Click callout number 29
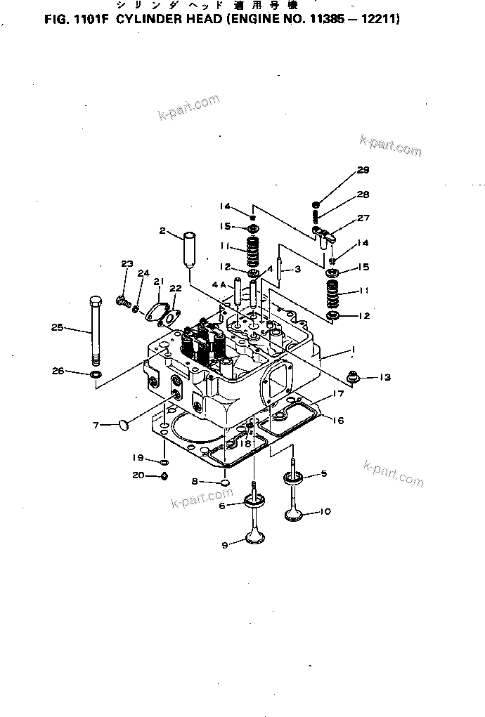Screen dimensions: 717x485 pyautogui.click(x=363, y=170)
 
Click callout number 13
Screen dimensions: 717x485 pyautogui.click(x=384, y=378)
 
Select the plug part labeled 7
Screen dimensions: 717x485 pyautogui.click(x=125, y=423)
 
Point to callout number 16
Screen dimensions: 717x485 pyautogui.click(x=337, y=421)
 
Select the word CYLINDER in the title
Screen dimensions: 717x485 pyautogui.click(x=147, y=20)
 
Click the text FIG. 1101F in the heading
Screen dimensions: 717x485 pyautogui.click(x=74, y=20)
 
